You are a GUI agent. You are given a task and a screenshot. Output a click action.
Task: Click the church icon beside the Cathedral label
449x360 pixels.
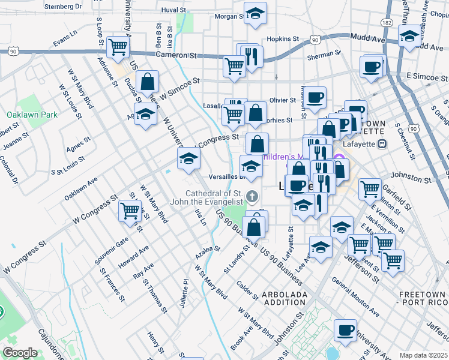pos(253,196)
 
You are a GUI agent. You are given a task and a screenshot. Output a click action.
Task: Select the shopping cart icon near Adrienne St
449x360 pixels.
pos(118,47)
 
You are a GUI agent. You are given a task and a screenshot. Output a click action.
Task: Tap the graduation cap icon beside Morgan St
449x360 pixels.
pos(255,14)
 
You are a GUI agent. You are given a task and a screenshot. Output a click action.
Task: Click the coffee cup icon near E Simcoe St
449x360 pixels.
pos(372,66)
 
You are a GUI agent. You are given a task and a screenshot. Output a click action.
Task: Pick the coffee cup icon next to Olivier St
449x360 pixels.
pos(315,97)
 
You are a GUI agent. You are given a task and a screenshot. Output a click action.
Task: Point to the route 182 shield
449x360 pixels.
pos(387,22)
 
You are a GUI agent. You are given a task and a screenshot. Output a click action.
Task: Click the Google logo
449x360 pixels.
pos(20,352)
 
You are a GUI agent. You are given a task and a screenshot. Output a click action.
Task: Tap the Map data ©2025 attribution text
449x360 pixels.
pos(423,355)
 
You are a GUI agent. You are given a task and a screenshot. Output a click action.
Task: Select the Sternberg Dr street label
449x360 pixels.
pos(63,7)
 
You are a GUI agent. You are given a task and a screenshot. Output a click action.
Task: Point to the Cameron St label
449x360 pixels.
pos(176,55)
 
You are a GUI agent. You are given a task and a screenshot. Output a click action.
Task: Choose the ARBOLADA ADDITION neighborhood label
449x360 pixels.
pos(285,298)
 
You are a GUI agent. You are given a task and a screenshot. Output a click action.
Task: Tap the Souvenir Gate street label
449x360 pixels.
pos(110,251)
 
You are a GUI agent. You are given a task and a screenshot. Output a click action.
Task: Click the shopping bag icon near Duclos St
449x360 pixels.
pos(147,84)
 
